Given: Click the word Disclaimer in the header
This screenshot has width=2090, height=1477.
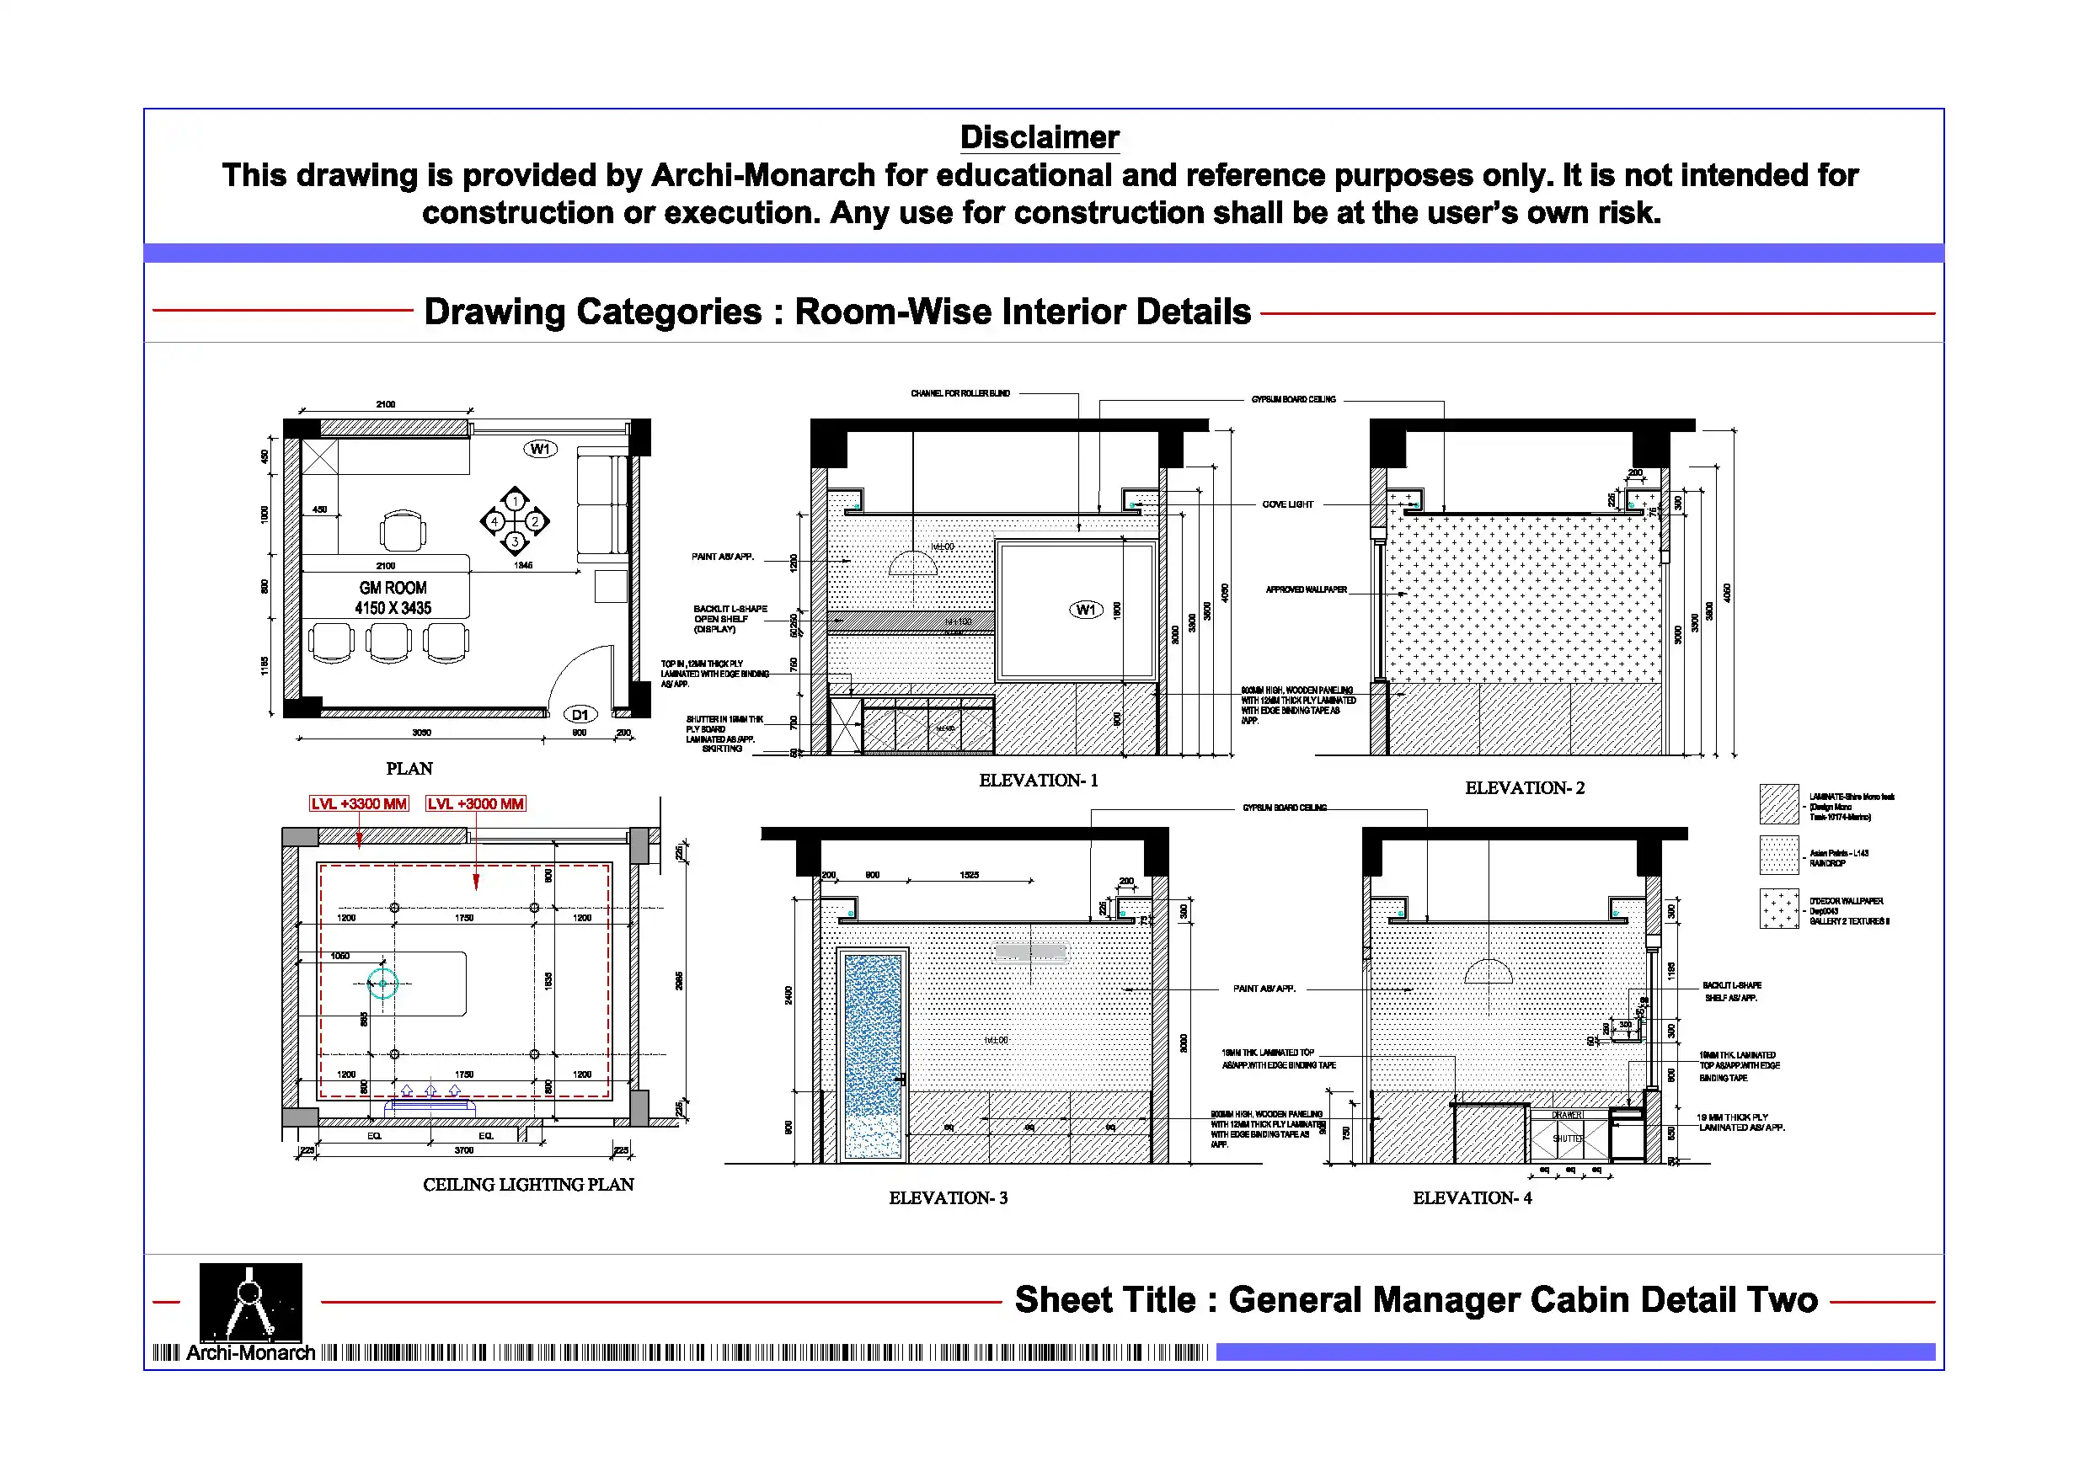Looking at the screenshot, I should point(1039,137).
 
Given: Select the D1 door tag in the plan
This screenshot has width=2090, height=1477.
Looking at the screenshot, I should point(580,714).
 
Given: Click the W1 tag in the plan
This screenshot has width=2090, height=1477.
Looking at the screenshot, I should point(540,449).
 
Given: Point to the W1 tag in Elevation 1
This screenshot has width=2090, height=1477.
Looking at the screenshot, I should point(1085,610).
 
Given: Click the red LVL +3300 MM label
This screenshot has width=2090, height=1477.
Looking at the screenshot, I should point(359,803).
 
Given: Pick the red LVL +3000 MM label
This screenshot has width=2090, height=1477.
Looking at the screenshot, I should point(475,803).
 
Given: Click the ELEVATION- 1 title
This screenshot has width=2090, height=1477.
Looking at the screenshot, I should point(1038,780).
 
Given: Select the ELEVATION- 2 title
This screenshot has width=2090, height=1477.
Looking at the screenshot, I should point(1524,788).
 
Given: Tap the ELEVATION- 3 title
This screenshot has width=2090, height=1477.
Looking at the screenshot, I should point(948,1197).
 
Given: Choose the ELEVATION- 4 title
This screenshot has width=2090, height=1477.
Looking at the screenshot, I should point(1471,1197).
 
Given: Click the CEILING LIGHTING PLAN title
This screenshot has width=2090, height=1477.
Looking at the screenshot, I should point(528,1184).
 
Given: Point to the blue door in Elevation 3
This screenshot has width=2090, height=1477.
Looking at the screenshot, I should point(872,1056).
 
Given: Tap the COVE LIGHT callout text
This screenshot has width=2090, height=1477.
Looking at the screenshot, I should point(1287,504).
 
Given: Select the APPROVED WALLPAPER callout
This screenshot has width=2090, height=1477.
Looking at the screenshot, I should point(1306,589).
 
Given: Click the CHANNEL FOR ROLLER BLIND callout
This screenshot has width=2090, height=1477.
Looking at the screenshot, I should point(959,393).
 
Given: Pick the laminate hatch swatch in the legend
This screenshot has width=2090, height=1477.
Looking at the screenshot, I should point(1777,803).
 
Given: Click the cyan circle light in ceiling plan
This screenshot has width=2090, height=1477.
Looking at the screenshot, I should point(383,983).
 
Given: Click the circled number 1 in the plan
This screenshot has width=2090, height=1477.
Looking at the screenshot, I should point(515,500).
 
